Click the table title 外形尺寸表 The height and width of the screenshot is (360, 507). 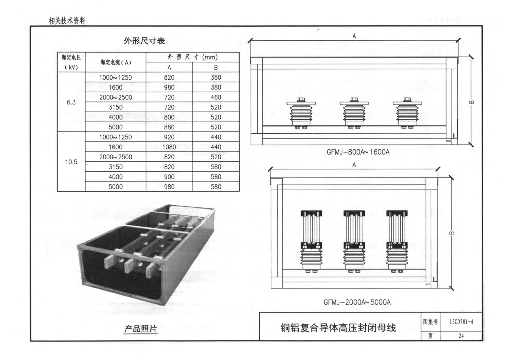144,41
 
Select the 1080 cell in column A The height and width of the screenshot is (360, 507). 169,147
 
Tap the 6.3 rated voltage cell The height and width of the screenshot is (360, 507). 71,102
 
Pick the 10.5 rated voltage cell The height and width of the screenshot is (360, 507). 71,162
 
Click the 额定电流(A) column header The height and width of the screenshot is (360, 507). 116,62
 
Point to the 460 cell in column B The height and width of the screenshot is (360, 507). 216,97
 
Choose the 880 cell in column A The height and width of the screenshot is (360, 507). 169,127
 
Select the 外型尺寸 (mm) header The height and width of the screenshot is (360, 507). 192,57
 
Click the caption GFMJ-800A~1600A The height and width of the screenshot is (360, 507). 358,152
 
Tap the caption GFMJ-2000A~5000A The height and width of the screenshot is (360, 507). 357,302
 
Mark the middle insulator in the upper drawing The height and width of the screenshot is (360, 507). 354,113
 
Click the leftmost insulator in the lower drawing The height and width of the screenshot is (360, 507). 311,241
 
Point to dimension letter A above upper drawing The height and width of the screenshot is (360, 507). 354,36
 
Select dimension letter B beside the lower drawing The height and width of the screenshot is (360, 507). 452,233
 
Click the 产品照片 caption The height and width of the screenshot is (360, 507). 140,329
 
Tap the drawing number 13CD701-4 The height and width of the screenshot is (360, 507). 461,322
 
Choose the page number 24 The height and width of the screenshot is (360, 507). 461,336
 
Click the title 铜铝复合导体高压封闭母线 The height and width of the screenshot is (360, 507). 338,327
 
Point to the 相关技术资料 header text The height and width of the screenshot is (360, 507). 67,21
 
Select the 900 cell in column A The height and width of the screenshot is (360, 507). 169,177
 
